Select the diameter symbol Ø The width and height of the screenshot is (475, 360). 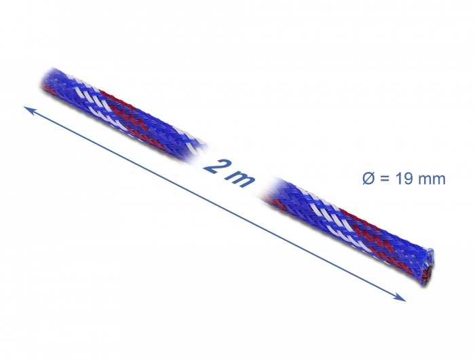pos(366,179)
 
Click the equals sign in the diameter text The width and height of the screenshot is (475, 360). pos(385,179)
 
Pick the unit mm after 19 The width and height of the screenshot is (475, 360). pos(433,179)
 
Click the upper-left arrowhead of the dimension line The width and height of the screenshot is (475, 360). pos(28,109)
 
